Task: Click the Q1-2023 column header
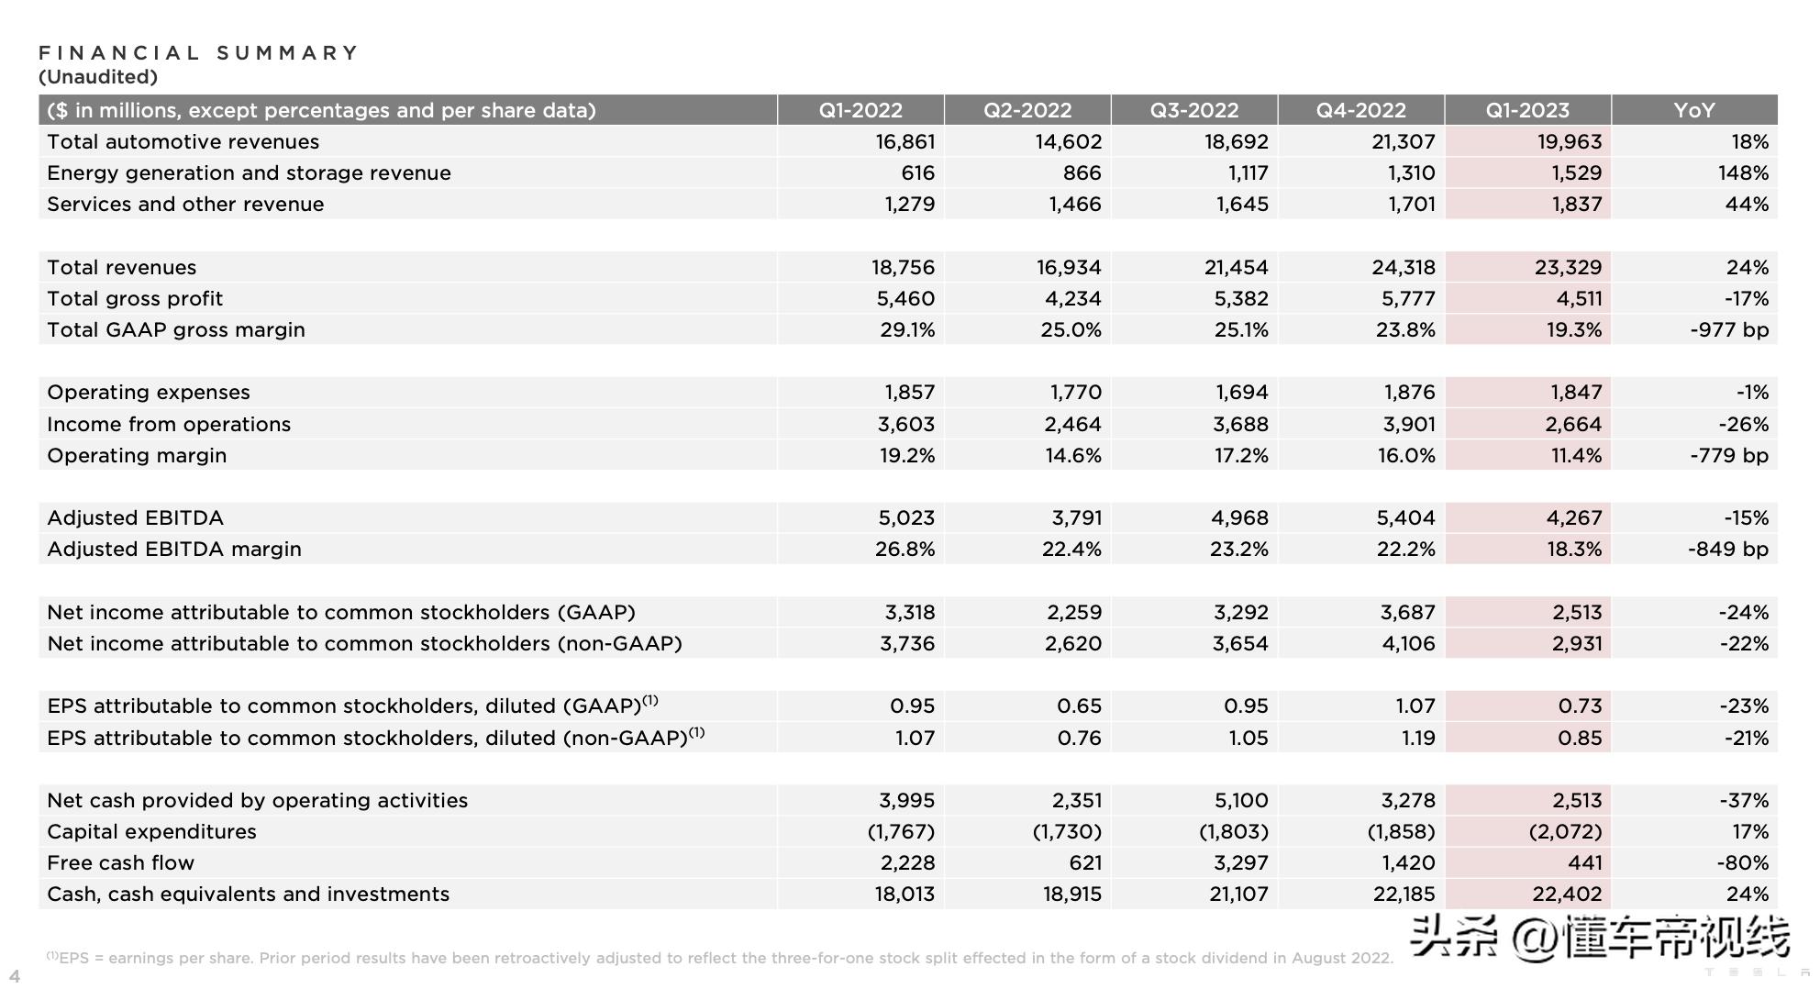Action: pos(1527,110)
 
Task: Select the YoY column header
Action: pos(1693,110)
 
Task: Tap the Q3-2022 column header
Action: pos(1194,110)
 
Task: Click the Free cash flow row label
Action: pos(120,862)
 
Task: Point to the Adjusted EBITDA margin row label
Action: pos(174,549)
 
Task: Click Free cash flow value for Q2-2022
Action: pos(1083,862)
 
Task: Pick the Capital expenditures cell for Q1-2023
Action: pos(1565,831)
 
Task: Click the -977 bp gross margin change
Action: pos(1728,329)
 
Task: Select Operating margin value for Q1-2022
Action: pos(907,455)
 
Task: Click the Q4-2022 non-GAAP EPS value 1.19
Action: pos(1418,738)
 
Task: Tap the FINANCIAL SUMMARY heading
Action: pos(199,53)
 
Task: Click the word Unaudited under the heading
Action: pos(98,77)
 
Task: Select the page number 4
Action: pos(15,975)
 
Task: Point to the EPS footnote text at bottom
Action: pos(720,958)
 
